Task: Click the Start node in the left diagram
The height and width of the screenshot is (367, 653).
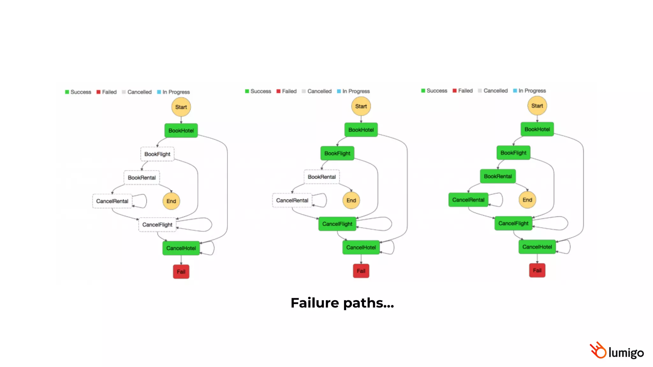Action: (x=181, y=107)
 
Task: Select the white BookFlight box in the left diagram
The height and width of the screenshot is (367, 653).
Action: (x=157, y=154)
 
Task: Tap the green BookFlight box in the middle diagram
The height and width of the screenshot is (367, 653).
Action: (x=337, y=153)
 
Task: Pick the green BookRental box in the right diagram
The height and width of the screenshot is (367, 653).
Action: (x=498, y=176)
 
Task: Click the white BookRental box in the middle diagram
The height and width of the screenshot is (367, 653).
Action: (x=321, y=177)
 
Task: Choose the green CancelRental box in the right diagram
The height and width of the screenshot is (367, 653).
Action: (x=468, y=200)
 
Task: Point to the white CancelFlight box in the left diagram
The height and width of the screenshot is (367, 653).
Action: (x=157, y=225)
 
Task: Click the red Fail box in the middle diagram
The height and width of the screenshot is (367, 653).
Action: (x=361, y=271)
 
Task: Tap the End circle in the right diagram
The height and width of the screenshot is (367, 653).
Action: (x=527, y=200)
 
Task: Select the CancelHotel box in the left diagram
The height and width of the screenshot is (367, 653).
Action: (x=181, y=248)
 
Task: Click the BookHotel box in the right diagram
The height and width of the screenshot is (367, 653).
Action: (x=537, y=129)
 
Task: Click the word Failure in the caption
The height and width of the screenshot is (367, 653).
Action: (x=314, y=303)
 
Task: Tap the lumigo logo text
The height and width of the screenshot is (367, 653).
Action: (x=626, y=352)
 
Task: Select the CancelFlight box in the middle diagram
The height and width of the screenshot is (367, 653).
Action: (x=337, y=224)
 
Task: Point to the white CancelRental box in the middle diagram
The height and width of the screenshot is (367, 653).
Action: (x=292, y=200)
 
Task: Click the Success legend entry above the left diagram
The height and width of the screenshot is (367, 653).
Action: (x=78, y=92)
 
